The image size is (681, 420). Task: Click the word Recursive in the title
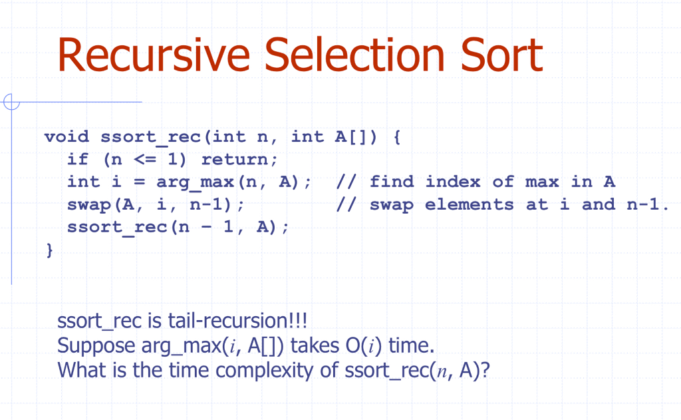click(154, 55)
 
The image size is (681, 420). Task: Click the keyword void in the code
click(67, 137)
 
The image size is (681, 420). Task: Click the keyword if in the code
click(78, 159)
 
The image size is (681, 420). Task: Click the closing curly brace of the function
click(49, 250)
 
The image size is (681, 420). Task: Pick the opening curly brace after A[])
click(396, 137)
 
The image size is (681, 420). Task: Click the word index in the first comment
click(453, 182)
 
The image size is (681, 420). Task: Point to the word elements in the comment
click(470, 204)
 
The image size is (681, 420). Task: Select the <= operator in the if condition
click(144, 160)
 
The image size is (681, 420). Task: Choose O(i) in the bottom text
click(364, 345)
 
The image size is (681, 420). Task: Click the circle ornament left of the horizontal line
click(11, 103)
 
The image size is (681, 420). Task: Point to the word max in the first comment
click(542, 182)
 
